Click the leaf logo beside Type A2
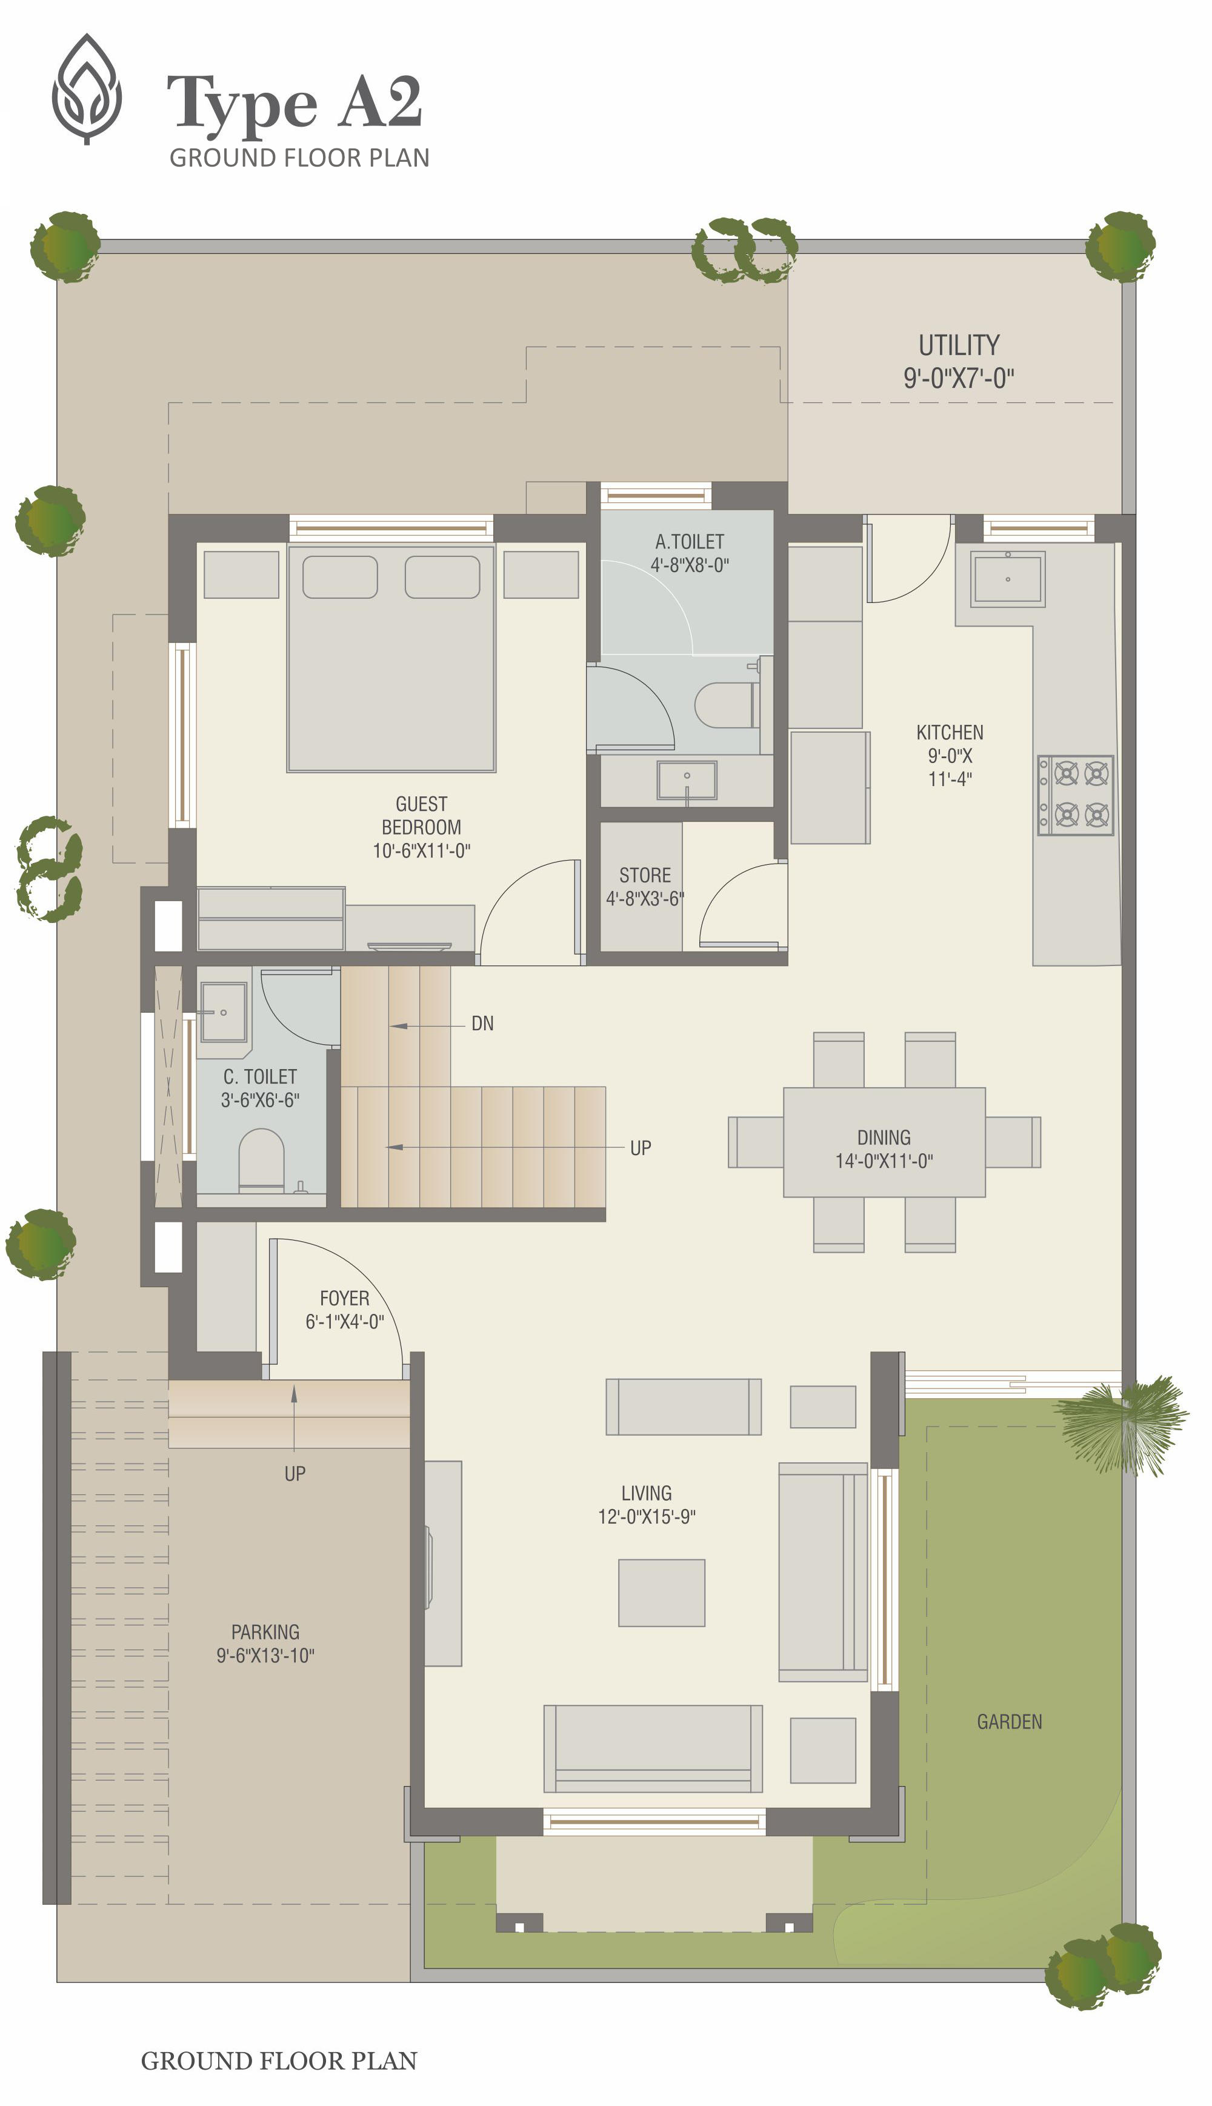(87, 89)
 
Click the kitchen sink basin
(1007, 579)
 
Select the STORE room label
(645, 875)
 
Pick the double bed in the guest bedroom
(391, 658)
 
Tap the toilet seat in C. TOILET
(261, 1159)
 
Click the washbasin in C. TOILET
(223, 1011)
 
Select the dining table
(884, 1142)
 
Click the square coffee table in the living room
(662, 1593)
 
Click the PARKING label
(265, 1631)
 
